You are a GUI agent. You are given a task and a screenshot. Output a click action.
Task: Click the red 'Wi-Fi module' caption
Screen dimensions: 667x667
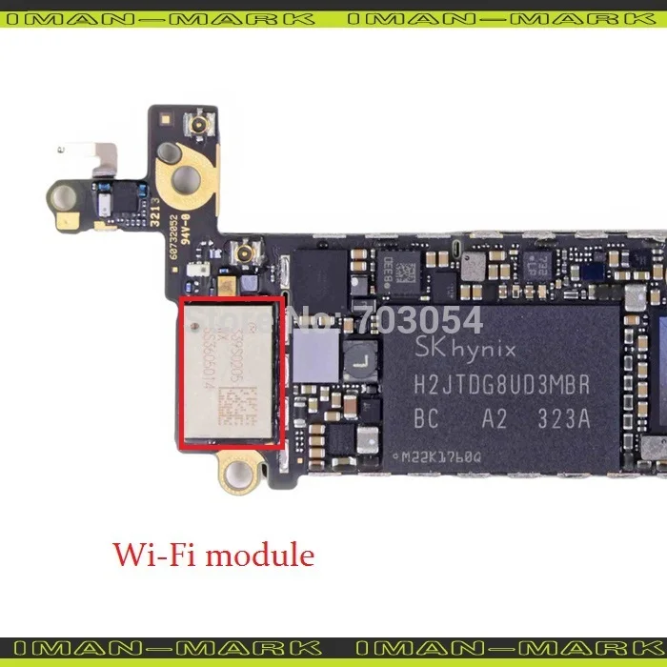click(213, 554)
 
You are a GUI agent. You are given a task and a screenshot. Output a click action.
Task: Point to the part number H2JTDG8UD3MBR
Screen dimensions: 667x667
click(501, 386)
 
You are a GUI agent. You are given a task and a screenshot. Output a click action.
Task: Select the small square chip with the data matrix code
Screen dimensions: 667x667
click(405, 272)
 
